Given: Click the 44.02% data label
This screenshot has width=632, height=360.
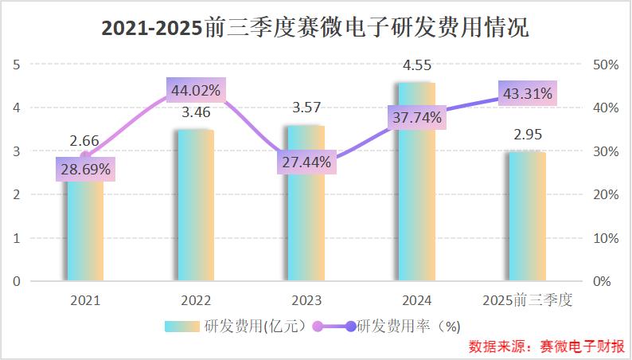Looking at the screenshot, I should tap(195, 90).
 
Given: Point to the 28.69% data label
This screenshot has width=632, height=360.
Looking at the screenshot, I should tap(84, 170).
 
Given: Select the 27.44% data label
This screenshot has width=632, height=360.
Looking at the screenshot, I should tap(306, 162).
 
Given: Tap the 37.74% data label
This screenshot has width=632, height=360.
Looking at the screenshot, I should tap(416, 118).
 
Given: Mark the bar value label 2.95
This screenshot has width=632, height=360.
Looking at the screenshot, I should tap(527, 135).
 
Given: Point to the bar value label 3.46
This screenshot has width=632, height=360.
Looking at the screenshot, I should tap(195, 112).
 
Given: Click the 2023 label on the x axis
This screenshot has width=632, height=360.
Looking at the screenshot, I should tap(306, 300).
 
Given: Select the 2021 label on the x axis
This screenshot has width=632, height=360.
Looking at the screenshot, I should tap(84, 300).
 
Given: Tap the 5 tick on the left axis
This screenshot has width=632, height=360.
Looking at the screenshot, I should tap(17, 65).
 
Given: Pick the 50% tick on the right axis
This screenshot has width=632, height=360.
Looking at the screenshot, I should tap(603, 65).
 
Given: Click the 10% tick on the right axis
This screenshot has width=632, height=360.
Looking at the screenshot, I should tap(603, 238).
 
